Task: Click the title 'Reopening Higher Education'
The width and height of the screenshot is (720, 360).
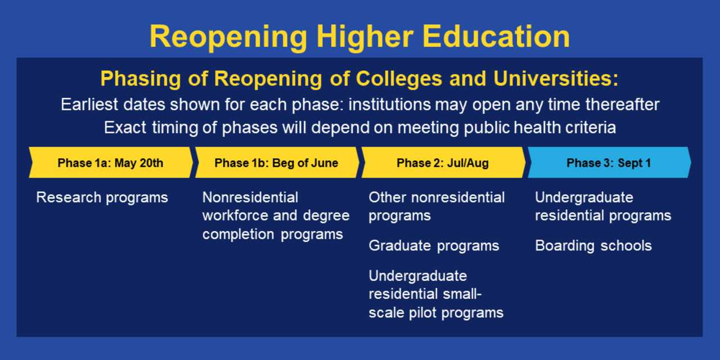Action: (x=359, y=37)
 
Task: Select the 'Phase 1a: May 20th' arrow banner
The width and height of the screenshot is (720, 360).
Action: (x=111, y=163)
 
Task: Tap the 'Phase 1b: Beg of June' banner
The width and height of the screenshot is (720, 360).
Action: (x=277, y=163)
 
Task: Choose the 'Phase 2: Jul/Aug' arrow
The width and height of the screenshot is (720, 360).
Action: (x=443, y=163)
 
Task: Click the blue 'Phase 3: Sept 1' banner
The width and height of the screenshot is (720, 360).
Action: (x=609, y=163)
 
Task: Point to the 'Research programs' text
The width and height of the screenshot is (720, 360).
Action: (x=102, y=198)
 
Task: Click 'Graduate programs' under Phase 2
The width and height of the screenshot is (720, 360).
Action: (x=434, y=246)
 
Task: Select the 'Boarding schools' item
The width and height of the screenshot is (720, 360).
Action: (x=593, y=246)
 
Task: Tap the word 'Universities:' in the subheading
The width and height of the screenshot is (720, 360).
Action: (x=556, y=78)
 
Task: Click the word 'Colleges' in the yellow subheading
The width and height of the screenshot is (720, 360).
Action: (x=399, y=79)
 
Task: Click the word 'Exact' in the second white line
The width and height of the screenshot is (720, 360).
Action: (x=125, y=128)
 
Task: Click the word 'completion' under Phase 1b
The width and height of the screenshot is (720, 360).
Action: (x=238, y=235)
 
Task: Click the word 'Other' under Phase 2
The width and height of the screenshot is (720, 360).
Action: (x=388, y=197)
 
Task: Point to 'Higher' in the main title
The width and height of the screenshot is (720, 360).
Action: (x=365, y=38)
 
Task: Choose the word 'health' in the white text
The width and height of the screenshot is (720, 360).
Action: (x=537, y=128)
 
